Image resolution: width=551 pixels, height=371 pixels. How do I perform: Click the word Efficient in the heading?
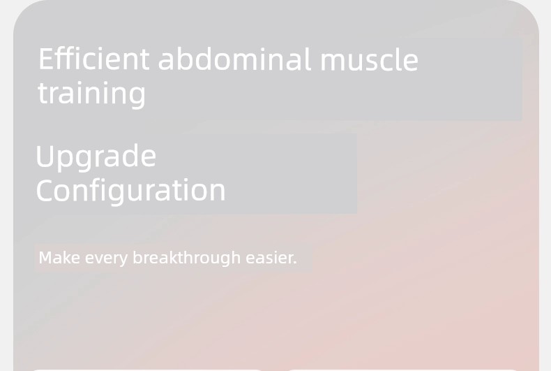[x=94, y=59]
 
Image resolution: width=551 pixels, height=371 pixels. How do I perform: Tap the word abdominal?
[x=235, y=59]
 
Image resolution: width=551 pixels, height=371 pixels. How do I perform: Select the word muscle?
[x=370, y=60]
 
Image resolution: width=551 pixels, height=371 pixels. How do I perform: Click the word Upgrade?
[x=96, y=157]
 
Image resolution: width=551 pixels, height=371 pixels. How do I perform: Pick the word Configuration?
[x=130, y=191]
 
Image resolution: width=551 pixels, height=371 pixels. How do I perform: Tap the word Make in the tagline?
[x=59, y=258]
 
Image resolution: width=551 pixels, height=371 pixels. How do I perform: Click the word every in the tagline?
[x=107, y=259]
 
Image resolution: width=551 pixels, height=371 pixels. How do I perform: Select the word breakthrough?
[x=187, y=259]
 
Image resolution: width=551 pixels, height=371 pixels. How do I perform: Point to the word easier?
[x=269, y=258]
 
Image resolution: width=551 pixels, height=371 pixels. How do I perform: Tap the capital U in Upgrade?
[x=44, y=155]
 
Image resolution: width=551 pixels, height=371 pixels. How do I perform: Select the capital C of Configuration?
[x=44, y=190]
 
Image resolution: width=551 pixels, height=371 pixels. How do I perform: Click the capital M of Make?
[x=45, y=258]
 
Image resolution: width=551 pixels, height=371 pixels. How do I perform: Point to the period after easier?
[x=295, y=263]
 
